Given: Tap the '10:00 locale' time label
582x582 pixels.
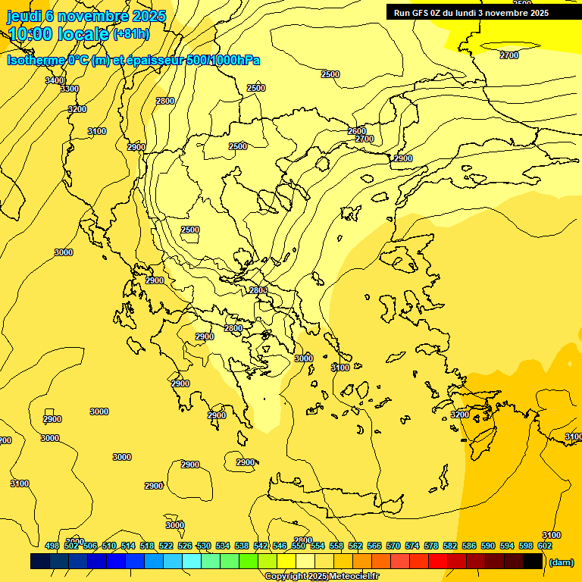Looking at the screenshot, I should pos(58,34).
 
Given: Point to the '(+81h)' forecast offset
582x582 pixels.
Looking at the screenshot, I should pos(131,34).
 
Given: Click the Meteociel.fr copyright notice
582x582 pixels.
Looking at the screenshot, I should pos(321,576).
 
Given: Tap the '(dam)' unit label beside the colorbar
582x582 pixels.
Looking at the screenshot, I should pos(560,562).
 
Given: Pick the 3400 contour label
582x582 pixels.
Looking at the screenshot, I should pos(55,80).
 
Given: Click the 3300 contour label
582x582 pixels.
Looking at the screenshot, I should pos(70,89).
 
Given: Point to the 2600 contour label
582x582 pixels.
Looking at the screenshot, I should pos(357,131).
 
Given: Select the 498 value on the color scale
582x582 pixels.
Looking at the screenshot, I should pos(52,546).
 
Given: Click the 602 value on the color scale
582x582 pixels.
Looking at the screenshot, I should pos(545,546).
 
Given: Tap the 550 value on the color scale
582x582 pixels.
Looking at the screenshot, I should pos(299,546).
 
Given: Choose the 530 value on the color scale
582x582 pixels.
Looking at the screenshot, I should pos(204,546).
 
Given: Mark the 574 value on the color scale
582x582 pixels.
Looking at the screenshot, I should pos(412,546).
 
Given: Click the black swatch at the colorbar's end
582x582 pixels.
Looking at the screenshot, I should pos(533,562).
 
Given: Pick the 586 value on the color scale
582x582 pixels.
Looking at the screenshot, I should pos(469,546).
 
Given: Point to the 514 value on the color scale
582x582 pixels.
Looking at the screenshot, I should pos(128,546).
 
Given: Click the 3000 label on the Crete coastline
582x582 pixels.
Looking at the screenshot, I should pos(175,525).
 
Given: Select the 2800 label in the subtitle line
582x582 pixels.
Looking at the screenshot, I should pos(165,101).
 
